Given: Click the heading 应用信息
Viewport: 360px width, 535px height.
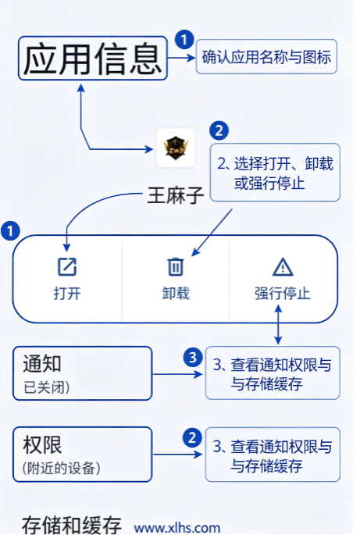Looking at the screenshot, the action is pos(92,59).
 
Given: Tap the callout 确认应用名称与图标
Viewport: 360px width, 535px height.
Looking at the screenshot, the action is pos(266,57).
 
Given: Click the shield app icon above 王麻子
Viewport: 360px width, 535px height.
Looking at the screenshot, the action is pos(176,148).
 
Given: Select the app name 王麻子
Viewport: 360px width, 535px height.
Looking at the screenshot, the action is pos(176,195).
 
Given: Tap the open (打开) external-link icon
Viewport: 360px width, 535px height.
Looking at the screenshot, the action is pos(67,266).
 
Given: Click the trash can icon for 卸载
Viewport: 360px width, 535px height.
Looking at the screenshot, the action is pos(176,266).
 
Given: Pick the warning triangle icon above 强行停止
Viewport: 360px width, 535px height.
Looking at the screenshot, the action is pos(283,266).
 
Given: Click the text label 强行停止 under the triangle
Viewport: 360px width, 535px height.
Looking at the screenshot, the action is pos(283,294).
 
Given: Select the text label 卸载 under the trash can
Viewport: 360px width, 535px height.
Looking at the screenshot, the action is pos(176,294).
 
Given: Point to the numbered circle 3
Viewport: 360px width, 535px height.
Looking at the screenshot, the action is pos(193,357).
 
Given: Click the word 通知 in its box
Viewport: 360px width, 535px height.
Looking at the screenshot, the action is pos(42,363).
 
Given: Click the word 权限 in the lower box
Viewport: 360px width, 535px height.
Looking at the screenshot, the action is pos(42,444).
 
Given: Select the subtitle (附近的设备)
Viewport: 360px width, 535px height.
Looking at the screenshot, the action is pos(62,468).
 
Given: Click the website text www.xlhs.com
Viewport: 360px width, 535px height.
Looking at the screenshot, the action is pos(177,527).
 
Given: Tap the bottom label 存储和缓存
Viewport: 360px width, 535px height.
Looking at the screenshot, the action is pos(72,525).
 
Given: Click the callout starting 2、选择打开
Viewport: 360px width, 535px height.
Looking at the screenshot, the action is pos(275,173).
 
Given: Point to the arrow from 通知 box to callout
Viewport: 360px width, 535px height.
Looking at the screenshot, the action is pos(177,374).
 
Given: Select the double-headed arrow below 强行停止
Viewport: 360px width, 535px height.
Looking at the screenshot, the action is pos(278,324).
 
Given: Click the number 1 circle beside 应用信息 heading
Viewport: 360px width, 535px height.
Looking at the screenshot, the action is pos(184,40).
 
